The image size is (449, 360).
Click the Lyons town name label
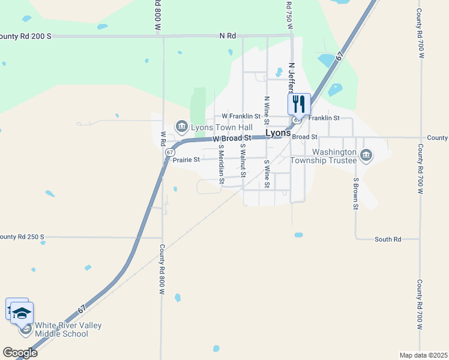278,133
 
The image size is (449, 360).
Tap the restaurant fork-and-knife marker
299,104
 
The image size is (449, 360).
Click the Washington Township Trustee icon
366,156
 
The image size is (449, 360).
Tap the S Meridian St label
221,164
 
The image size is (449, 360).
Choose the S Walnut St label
243,160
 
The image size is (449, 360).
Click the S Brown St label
355,193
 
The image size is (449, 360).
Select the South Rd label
388,239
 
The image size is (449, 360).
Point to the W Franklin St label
241,116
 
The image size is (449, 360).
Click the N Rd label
228,36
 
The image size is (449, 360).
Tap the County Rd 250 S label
22,237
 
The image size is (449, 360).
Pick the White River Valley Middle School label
68,329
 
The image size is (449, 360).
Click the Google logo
20,353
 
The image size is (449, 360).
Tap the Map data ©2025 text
423,355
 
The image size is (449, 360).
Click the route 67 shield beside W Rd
170,152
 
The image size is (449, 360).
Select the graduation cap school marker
22,313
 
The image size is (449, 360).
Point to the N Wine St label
267,110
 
